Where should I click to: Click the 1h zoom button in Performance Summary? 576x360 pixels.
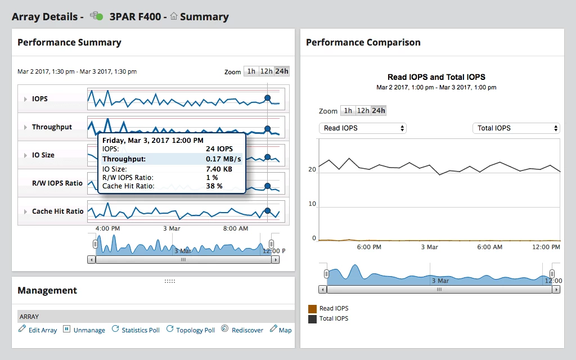[x=251, y=71]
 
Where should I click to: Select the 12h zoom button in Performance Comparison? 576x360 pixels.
[x=363, y=111]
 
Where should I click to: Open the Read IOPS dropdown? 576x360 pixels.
[x=362, y=128]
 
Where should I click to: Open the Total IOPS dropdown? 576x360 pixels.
[x=516, y=128]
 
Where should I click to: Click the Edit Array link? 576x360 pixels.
[x=38, y=330]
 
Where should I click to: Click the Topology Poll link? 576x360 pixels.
[x=191, y=330]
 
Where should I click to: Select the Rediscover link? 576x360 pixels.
[x=242, y=330]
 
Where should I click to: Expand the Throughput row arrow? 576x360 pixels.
[x=25, y=127]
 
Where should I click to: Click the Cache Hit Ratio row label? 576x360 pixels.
[x=57, y=211]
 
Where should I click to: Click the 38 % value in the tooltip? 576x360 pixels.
[x=214, y=186]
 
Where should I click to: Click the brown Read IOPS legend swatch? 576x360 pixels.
[x=312, y=309]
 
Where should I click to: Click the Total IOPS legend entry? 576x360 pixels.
[x=334, y=319]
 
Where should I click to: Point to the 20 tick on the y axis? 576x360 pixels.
[x=312, y=169]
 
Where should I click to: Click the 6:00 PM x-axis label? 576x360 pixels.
[x=369, y=247]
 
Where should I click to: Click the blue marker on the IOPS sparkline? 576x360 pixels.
[x=268, y=98]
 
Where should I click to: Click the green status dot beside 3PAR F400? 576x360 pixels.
[x=100, y=17]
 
